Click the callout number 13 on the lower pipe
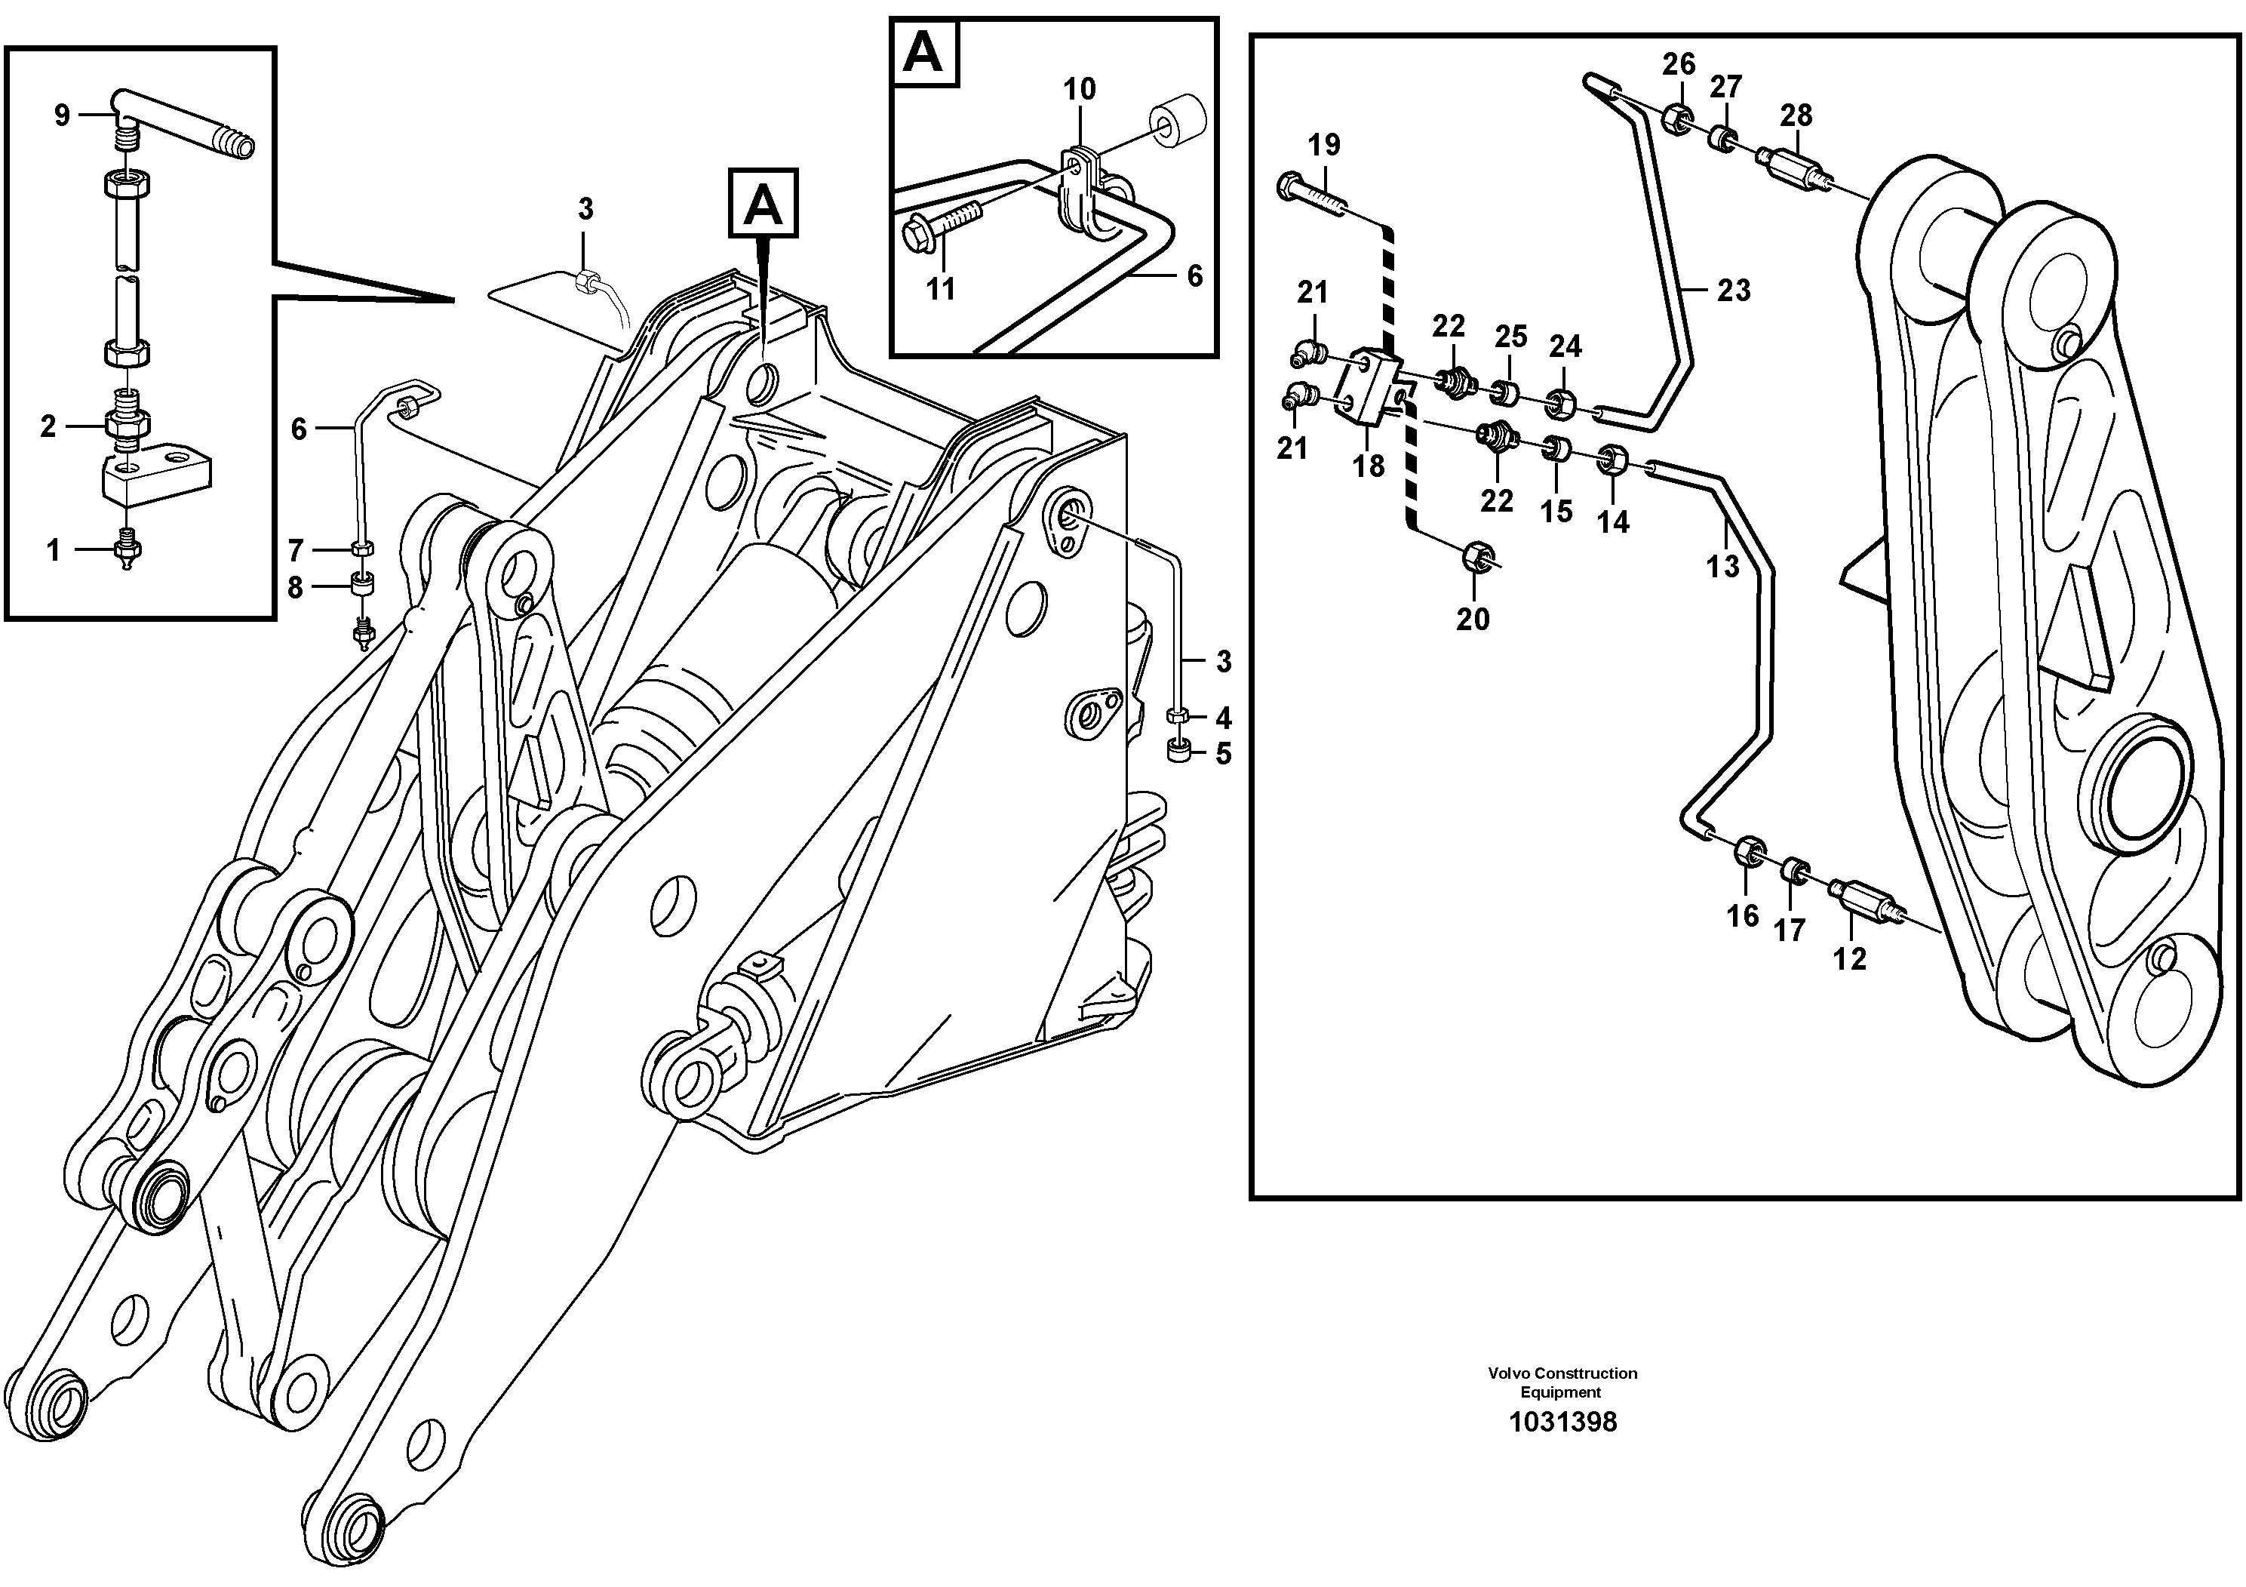tap(1722, 565)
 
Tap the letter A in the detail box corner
tap(923, 52)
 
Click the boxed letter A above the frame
tap(763, 205)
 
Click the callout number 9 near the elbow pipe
tap(62, 116)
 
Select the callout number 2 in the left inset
tap(48, 426)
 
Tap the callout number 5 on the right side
tap(1223, 755)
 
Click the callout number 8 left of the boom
tap(294, 587)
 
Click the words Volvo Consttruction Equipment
tap(1562, 1382)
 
